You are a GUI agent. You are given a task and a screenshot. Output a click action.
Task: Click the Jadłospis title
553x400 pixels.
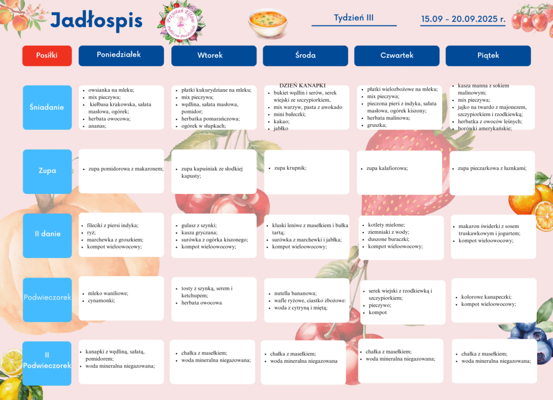(x=96, y=21)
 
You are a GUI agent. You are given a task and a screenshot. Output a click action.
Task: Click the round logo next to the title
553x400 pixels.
(x=181, y=22)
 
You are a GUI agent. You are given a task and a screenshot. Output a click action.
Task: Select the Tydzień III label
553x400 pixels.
(x=354, y=17)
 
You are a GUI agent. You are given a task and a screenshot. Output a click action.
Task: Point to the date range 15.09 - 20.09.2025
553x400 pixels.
(x=463, y=18)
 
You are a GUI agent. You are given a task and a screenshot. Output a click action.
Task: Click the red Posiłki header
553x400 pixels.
(x=46, y=55)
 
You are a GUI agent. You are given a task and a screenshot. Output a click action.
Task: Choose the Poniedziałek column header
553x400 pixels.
(x=121, y=55)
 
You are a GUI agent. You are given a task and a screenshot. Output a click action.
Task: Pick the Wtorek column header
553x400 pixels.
(x=213, y=55)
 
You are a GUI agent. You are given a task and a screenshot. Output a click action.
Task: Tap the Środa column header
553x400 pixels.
(x=305, y=55)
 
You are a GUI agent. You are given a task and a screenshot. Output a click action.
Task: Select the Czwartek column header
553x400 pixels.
(x=397, y=55)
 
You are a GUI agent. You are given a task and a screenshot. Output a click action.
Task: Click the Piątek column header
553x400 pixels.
(x=488, y=55)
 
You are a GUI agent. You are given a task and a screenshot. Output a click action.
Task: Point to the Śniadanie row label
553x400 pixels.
(x=46, y=107)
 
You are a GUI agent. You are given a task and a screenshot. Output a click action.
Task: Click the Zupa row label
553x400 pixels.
(x=46, y=171)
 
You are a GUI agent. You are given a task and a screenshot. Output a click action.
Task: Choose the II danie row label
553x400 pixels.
(x=47, y=234)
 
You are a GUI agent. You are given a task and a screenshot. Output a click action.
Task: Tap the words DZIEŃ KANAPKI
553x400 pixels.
(x=302, y=85)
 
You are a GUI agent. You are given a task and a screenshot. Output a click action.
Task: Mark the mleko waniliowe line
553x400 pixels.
(x=108, y=294)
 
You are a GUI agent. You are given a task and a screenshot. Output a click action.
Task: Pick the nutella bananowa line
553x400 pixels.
(x=295, y=294)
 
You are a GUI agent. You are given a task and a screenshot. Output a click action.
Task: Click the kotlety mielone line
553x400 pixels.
(x=386, y=225)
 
